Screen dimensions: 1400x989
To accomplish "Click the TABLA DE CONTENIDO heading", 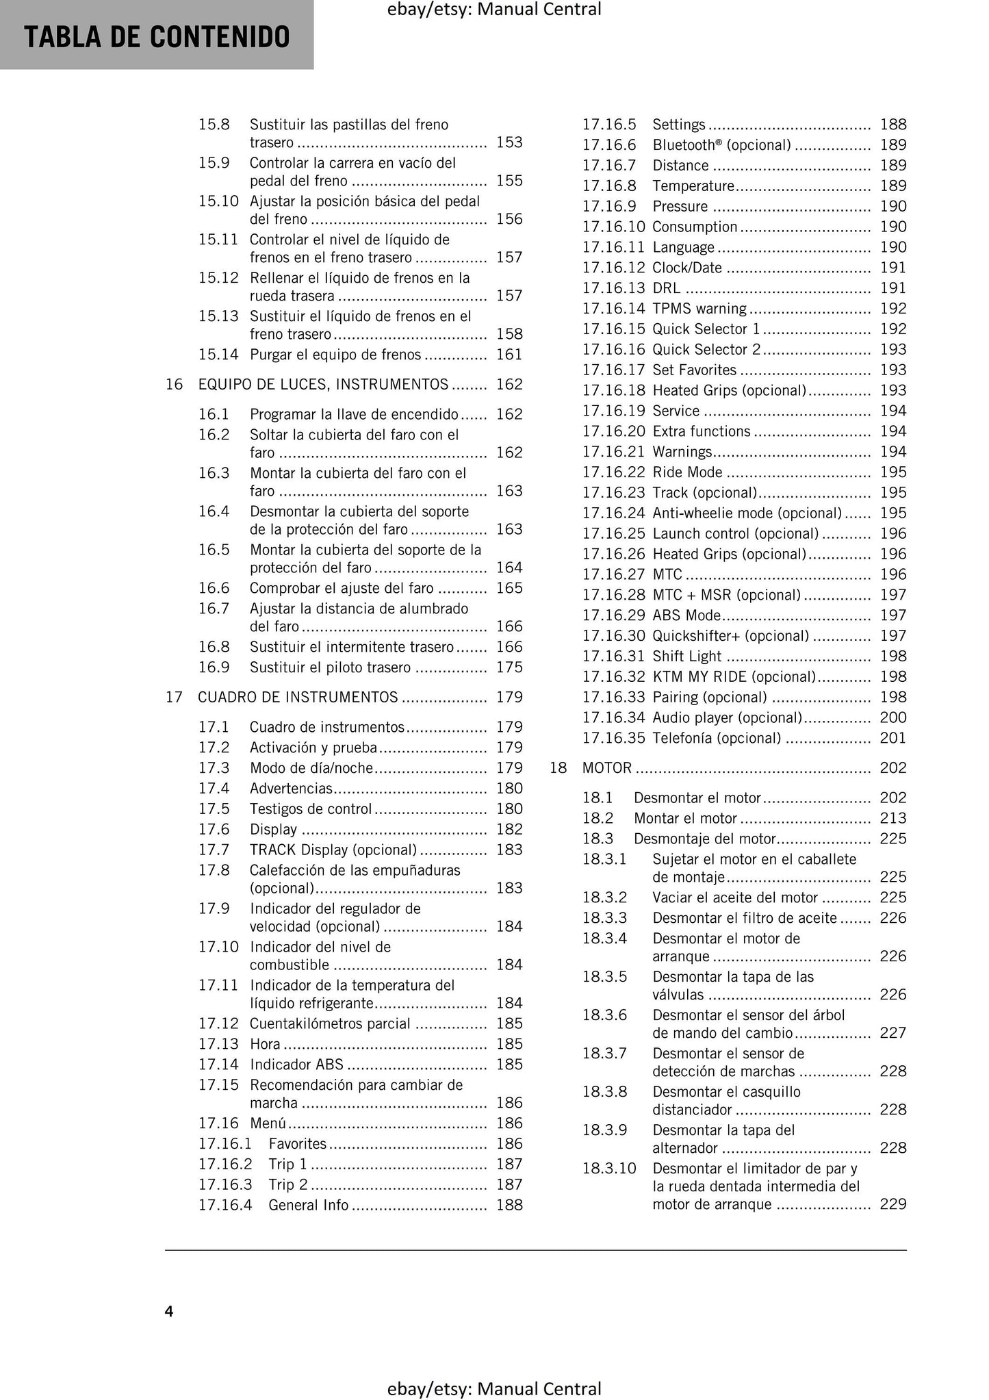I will (x=157, y=37).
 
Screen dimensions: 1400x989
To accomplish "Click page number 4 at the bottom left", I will (x=169, y=1311).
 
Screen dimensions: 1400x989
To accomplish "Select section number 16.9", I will (x=214, y=667).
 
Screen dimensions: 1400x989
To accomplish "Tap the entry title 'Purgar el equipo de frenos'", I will (x=335, y=355).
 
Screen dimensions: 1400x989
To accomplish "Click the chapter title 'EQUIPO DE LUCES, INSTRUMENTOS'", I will (x=323, y=385).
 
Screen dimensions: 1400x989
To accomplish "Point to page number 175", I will (x=509, y=667).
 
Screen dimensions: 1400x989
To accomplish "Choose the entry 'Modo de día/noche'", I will (x=311, y=768).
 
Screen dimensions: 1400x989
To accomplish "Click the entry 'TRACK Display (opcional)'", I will (x=333, y=850).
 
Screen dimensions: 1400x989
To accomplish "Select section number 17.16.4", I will (x=225, y=1205).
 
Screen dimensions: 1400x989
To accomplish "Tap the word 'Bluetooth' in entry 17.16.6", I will (x=683, y=145).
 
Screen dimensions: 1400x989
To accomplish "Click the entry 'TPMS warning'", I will (x=699, y=309).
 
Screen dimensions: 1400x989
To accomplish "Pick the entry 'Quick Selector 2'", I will (x=706, y=350).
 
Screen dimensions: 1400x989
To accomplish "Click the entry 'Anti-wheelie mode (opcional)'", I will (x=747, y=513).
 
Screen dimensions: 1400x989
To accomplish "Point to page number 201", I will (x=892, y=738).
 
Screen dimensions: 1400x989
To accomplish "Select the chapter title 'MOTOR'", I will (x=606, y=768).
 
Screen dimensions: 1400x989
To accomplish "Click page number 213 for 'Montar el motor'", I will (x=892, y=819).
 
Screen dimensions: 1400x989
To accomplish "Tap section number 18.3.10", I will (x=609, y=1169).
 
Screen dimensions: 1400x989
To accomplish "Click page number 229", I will (x=892, y=1204).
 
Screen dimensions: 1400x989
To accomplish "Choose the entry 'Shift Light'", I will (x=686, y=657).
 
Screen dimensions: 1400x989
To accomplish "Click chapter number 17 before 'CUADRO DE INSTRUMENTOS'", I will (x=174, y=698).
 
